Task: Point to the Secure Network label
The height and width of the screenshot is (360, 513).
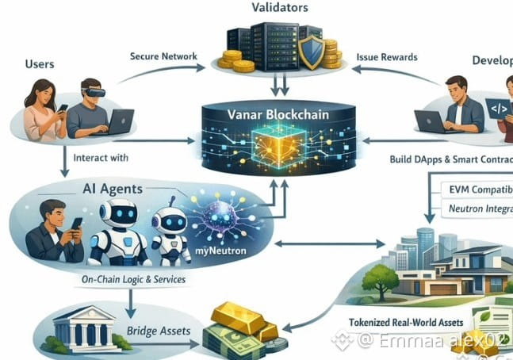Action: click(x=163, y=57)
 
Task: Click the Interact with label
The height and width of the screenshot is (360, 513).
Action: click(x=100, y=158)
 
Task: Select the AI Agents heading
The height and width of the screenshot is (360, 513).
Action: click(x=113, y=189)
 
